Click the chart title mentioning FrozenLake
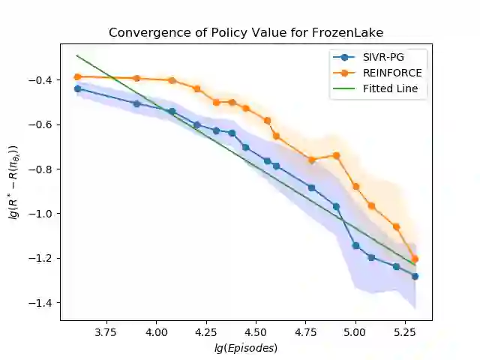pyautogui.click(x=245, y=33)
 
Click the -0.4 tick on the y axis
pyautogui.click(x=43, y=80)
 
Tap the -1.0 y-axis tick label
pyautogui.click(x=43, y=214)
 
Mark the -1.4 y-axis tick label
pyautogui.click(x=43, y=303)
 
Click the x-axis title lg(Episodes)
pyautogui.click(x=246, y=347)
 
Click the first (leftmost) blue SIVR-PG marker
pyautogui.click(x=77, y=88)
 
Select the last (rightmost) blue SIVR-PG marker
pyautogui.click(x=415, y=276)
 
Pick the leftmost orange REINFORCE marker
pyautogui.click(x=77, y=76)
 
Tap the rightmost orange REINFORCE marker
pyautogui.click(x=415, y=259)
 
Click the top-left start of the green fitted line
pyautogui.click(x=77, y=55)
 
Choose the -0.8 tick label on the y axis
pyautogui.click(x=43, y=169)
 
